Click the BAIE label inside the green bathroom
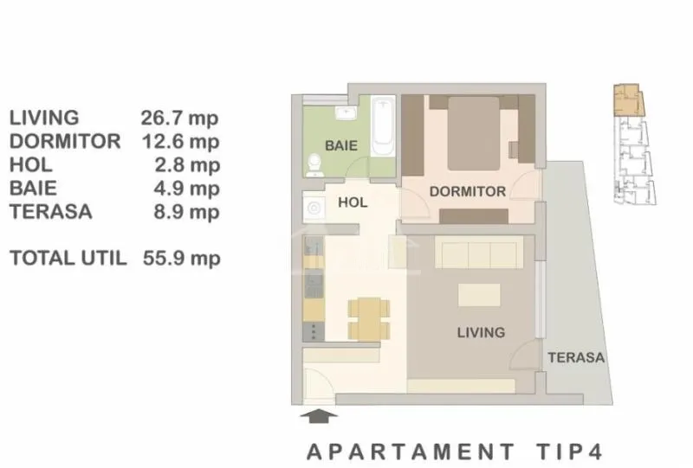point(340,145)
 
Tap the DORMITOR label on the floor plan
point(468,192)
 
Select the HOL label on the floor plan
point(353,202)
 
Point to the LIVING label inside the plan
point(481,332)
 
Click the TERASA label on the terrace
point(576,357)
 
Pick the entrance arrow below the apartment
point(319,416)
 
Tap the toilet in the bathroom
point(314,165)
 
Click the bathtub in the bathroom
point(383,126)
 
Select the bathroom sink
point(346,112)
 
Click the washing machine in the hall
point(314,207)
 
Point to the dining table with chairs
point(369,318)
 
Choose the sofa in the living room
point(479,252)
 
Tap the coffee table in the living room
point(479,295)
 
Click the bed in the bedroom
point(474,133)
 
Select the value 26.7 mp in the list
point(179,119)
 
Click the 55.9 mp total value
point(181,259)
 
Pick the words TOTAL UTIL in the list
point(68,258)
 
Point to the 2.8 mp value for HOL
point(187,165)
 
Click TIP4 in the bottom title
point(570,452)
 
